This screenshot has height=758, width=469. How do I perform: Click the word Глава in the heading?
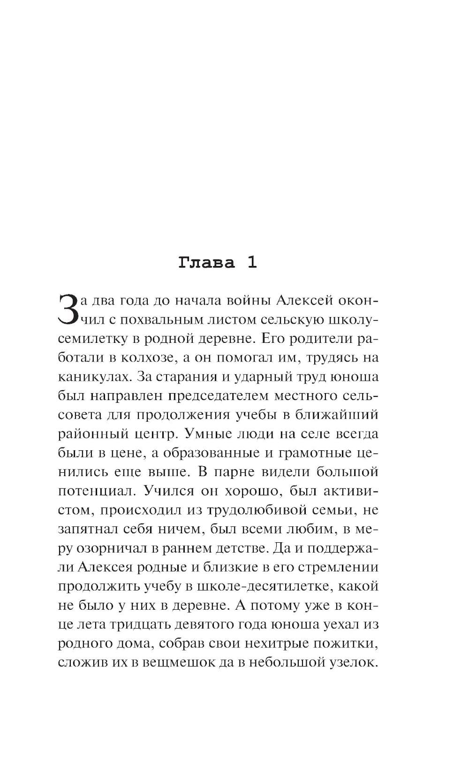(x=206, y=263)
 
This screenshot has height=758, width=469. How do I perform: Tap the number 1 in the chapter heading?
(x=252, y=263)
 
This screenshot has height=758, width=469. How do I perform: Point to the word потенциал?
(x=97, y=491)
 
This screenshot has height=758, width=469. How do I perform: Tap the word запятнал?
(x=87, y=529)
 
